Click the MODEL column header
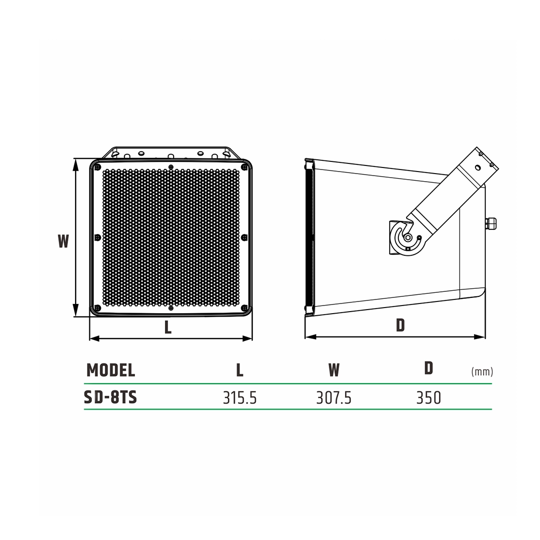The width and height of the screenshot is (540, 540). tap(111, 370)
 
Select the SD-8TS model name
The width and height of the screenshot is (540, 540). tap(110, 397)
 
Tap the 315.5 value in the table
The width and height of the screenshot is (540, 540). tap(240, 398)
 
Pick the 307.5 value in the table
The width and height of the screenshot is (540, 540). tap(333, 398)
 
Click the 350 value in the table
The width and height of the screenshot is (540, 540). tap(428, 398)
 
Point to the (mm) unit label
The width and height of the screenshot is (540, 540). tap(482, 372)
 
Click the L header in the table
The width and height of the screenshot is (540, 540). tap(240, 370)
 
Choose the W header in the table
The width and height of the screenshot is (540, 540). tap(333, 370)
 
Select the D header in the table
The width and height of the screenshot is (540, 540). tap(429, 368)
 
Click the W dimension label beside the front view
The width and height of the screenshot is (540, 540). tap(63, 241)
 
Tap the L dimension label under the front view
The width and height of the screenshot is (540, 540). tap(168, 328)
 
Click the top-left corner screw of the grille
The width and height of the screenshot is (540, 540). tap(97, 167)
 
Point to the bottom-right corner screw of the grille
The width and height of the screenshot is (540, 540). tap(244, 308)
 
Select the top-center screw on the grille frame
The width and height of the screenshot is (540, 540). tap(171, 166)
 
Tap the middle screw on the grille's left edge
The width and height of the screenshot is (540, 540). tap(97, 237)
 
